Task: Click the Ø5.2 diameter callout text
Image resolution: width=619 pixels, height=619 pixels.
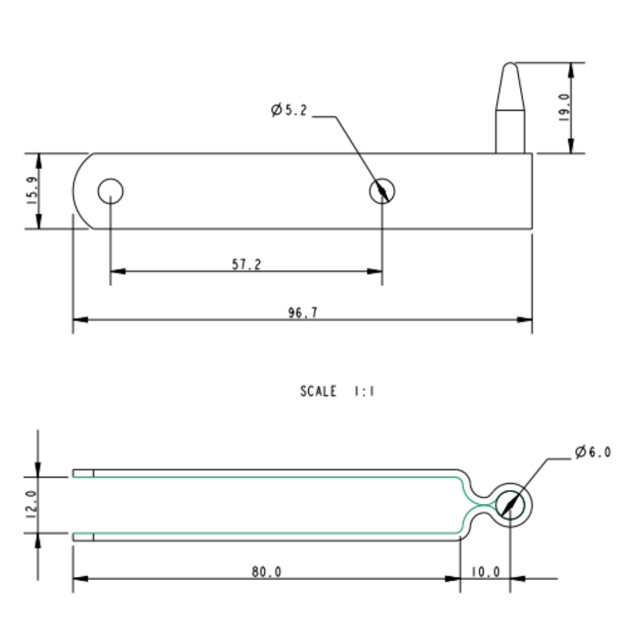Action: (289, 111)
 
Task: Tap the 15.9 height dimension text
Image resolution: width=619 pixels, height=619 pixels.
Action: (32, 191)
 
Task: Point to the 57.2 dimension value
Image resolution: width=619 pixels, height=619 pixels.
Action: (246, 264)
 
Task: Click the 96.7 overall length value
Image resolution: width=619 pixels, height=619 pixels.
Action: (303, 313)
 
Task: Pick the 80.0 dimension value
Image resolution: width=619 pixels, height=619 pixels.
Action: (266, 571)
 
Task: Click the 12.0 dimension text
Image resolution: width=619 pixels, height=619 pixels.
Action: (32, 504)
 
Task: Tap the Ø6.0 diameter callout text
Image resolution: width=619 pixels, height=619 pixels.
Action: (595, 454)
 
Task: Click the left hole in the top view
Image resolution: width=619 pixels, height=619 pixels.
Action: (110, 191)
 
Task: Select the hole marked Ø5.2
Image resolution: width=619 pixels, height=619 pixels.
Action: (382, 191)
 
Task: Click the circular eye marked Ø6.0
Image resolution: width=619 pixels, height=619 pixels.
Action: (510, 504)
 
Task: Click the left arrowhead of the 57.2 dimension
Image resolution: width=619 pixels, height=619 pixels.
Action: (117, 271)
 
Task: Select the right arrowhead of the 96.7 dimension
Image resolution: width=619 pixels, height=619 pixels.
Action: (526, 319)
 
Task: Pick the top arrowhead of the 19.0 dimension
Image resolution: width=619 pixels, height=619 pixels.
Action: (570, 69)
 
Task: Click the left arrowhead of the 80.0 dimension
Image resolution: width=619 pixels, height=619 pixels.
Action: (80, 579)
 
